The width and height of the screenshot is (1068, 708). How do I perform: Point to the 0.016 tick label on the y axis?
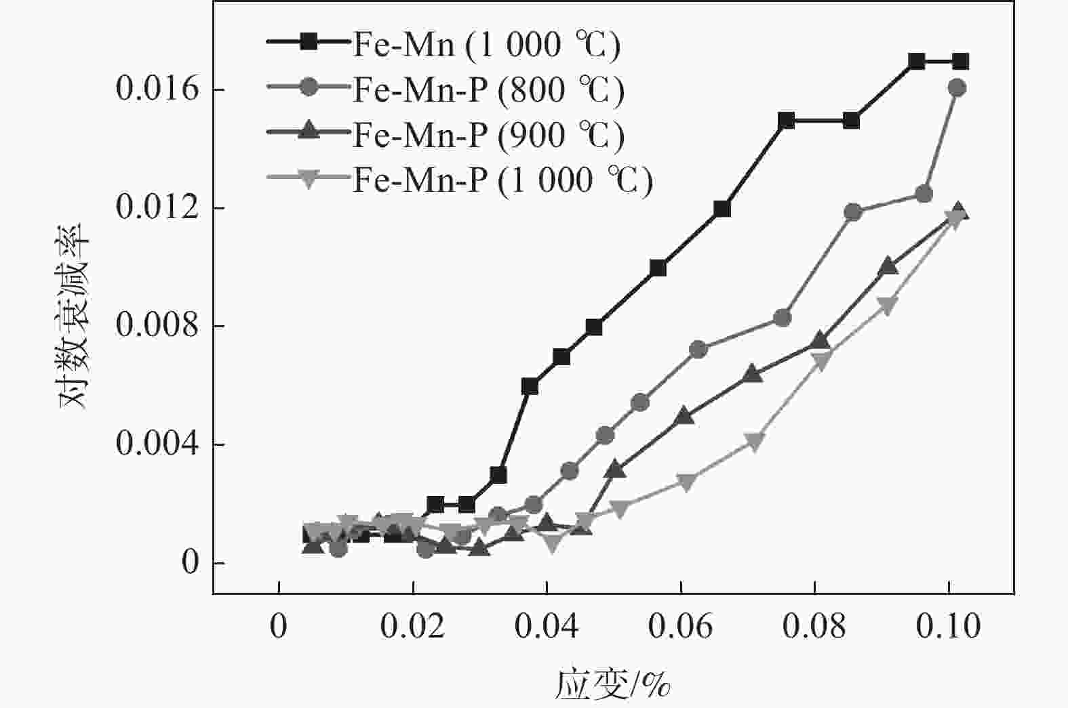pyautogui.click(x=149, y=89)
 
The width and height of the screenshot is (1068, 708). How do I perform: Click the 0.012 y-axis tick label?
pyautogui.click(x=149, y=207)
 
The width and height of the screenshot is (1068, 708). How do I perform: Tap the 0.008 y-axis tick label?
pyautogui.click(x=149, y=326)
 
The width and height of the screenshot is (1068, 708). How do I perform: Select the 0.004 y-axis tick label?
pyautogui.click(x=149, y=444)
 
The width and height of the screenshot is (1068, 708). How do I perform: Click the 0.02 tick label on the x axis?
pyautogui.click(x=412, y=627)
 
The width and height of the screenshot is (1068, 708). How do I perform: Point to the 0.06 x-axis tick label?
pyautogui.click(x=680, y=627)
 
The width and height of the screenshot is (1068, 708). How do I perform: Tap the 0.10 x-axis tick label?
pyautogui.click(x=948, y=627)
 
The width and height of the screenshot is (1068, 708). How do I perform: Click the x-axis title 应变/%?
pyautogui.click(x=614, y=684)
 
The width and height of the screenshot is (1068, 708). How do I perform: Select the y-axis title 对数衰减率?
pyautogui.click(x=74, y=315)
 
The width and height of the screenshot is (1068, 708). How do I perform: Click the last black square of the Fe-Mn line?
pyautogui.click(x=960, y=62)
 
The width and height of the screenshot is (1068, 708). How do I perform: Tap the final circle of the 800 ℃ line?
pyautogui.click(x=957, y=87)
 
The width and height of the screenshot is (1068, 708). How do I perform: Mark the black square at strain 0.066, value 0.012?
pyautogui.click(x=722, y=209)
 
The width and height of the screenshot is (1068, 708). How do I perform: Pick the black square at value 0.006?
pyautogui.click(x=530, y=386)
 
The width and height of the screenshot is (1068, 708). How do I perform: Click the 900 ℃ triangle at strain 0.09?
pyautogui.click(x=888, y=266)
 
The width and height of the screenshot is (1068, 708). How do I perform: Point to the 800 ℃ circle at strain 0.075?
pyautogui.click(x=783, y=318)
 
